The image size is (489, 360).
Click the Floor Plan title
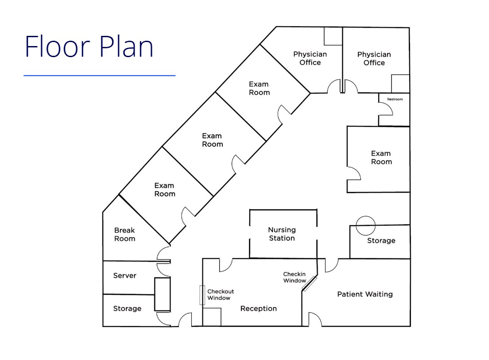(x=89, y=46)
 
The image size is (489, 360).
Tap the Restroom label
(x=395, y=99)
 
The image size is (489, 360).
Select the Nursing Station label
(x=282, y=234)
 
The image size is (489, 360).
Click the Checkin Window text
(x=295, y=277)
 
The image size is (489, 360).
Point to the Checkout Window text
(x=220, y=294)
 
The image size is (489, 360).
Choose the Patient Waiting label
(x=365, y=294)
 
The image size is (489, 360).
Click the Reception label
(x=258, y=309)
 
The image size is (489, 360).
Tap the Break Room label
(x=124, y=234)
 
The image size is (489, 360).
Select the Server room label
(x=124, y=275)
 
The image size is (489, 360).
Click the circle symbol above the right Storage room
(x=366, y=225)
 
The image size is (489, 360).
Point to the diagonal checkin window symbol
(x=309, y=283)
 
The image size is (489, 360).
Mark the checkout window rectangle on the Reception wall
(x=202, y=295)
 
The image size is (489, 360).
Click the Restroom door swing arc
(x=386, y=108)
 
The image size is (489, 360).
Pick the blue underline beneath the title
(x=99, y=76)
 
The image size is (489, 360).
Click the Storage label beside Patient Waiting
(x=381, y=240)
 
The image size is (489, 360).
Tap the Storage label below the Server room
(x=127, y=309)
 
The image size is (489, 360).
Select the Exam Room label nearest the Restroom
(x=381, y=157)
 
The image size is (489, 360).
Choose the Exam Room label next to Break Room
(x=164, y=190)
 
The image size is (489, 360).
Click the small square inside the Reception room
(x=213, y=317)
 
